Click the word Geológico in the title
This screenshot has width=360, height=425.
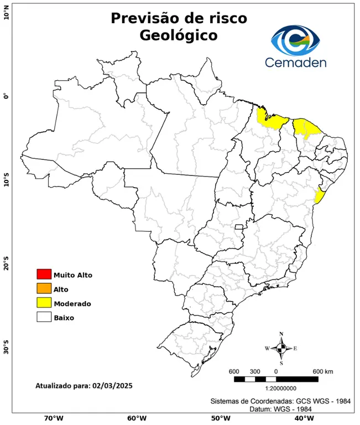(x=179, y=35)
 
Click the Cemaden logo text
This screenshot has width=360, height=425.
(x=295, y=62)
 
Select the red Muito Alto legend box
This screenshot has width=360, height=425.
(x=44, y=274)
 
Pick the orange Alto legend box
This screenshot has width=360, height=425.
(x=44, y=288)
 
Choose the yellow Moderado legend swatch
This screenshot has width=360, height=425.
(x=44, y=303)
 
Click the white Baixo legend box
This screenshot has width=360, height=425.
(x=44, y=317)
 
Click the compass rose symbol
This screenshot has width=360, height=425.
(x=281, y=348)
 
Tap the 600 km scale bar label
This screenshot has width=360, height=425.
(x=323, y=371)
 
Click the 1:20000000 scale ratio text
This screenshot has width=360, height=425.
(x=275, y=389)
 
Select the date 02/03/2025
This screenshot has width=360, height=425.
(x=113, y=385)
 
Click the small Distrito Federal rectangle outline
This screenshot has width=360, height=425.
(x=239, y=227)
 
